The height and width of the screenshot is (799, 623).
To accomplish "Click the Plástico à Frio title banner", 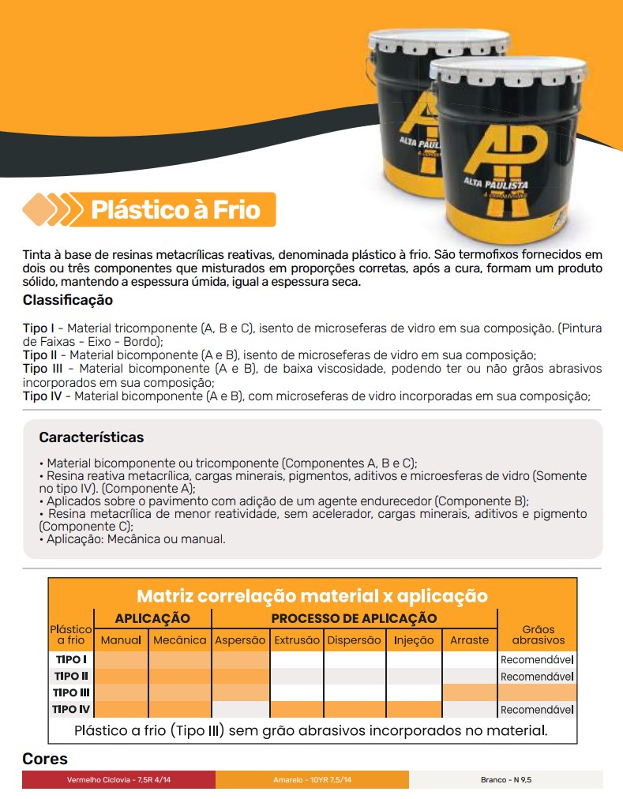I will (x=175, y=210).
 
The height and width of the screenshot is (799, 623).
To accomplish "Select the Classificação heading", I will (x=68, y=301).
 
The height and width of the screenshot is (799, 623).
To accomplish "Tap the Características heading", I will (x=92, y=437).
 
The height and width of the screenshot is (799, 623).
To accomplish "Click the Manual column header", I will (x=121, y=640).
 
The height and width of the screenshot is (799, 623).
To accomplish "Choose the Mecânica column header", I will (x=179, y=640).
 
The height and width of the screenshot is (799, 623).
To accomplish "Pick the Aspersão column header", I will (x=240, y=640).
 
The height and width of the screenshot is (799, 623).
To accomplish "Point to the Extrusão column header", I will (x=297, y=640).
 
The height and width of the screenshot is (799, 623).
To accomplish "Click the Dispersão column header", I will (x=354, y=640).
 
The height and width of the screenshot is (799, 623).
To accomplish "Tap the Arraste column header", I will (x=469, y=640).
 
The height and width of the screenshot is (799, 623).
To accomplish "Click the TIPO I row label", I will (x=71, y=659).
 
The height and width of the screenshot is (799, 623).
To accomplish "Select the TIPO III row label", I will (x=71, y=692).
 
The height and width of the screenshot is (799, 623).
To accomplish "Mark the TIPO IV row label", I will (x=71, y=709).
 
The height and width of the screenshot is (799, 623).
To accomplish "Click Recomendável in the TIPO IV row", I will (x=537, y=710).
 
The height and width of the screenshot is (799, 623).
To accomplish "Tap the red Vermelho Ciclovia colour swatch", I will (x=118, y=780).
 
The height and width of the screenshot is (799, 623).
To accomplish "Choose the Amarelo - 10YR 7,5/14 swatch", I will (x=312, y=780).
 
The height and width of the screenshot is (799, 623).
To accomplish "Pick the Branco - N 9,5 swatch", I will (x=506, y=780).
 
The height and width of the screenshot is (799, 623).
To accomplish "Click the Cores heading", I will (x=45, y=760).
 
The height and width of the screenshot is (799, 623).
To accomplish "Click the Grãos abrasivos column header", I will (x=538, y=635).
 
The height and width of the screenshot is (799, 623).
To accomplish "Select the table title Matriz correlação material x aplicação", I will (x=312, y=596).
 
